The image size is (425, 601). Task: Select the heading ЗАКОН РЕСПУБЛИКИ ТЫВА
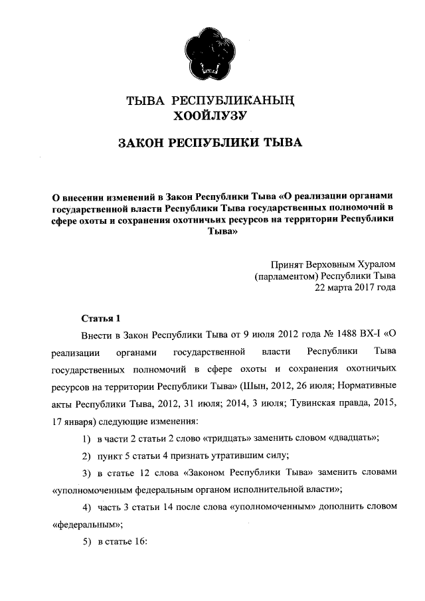click(x=210, y=143)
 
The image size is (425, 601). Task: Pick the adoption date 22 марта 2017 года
click(x=355, y=288)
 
